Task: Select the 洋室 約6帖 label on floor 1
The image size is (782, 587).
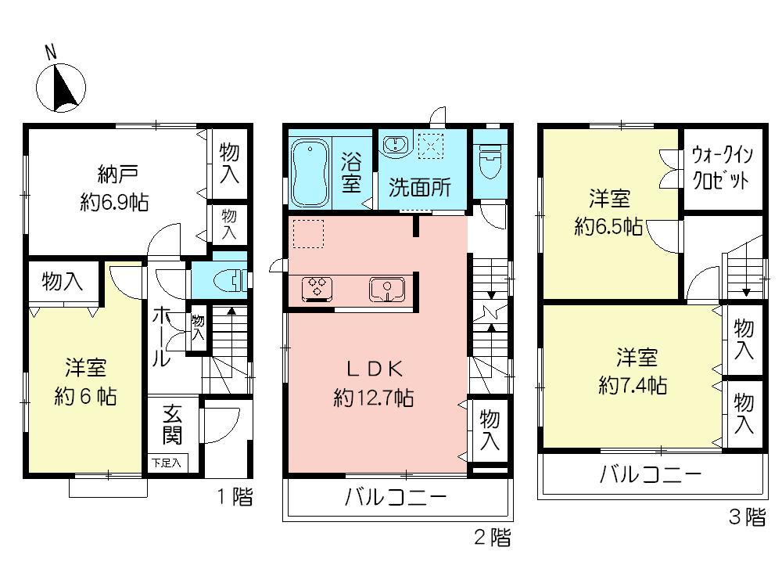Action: coord(85,381)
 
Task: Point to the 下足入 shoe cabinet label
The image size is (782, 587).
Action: coord(165,463)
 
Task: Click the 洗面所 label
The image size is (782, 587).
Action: coord(420,188)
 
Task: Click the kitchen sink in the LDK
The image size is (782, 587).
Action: coord(386,289)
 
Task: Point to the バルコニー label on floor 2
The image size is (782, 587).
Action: coord(395,498)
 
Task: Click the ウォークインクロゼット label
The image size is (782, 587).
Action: coord(720,167)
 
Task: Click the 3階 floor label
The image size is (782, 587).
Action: coord(746,517)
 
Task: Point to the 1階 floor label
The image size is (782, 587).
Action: coord(232,495)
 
